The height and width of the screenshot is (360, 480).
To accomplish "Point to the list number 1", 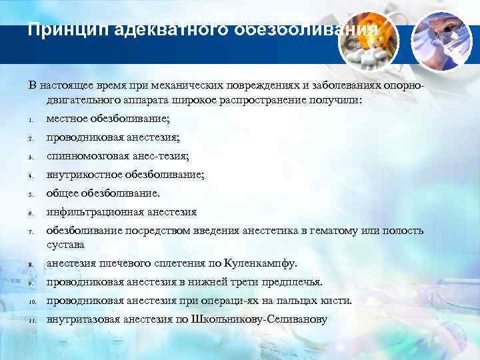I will pyautogui.click(x=31, y=120).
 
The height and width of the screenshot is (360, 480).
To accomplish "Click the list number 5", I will pyautogui.click(x=31, y=195).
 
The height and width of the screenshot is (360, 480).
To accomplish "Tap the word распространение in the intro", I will pyautogui.click(x=261, y=100).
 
